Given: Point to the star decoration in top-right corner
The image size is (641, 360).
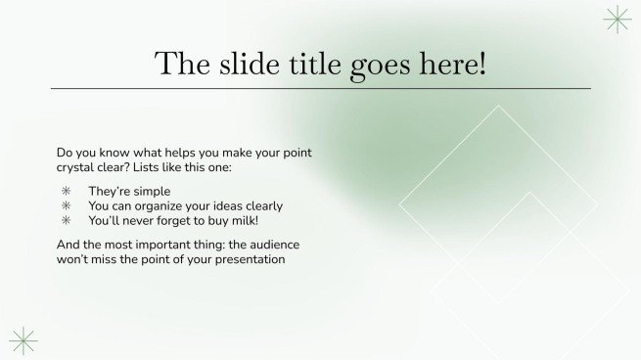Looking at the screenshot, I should point(617,19).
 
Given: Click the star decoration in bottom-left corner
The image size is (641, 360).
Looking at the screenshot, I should point(23,339).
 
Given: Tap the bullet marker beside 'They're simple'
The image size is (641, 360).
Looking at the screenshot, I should point(67,192).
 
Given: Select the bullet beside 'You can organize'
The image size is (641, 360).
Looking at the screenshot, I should point(67,206).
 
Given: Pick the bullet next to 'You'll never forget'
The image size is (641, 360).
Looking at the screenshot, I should point(67,221).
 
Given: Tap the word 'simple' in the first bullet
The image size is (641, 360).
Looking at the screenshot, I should point(152,192).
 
